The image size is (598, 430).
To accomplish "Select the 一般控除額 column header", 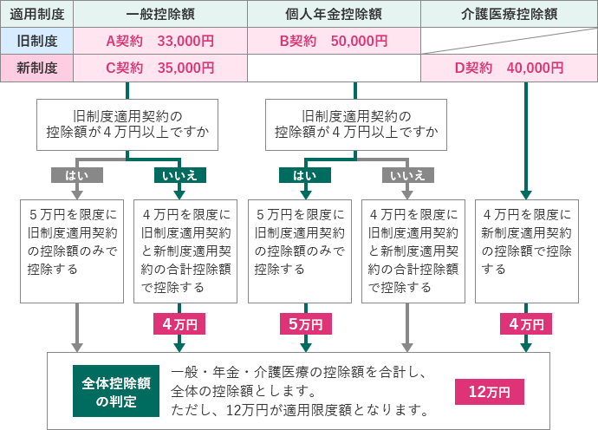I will (160, 14).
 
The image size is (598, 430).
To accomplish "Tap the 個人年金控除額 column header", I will (334, 14).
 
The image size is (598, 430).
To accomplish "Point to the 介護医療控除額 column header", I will (509, 14).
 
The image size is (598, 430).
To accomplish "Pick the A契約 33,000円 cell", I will (160, 40).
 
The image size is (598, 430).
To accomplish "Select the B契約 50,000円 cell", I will (334, 40).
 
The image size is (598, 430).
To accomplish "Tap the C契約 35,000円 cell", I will (160, 68).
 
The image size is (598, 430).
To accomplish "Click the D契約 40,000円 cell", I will (509, 68).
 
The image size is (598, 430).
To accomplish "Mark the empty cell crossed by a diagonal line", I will (509, 40).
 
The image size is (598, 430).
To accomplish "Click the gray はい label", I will (77, 175).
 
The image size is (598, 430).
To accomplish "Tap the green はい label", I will (305, 175).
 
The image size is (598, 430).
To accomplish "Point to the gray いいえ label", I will (407, 175).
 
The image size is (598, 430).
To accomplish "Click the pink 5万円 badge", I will (305, 324).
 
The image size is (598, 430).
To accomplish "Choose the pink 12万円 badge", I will (490, 391).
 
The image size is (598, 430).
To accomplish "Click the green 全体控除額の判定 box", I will (116, 391).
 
